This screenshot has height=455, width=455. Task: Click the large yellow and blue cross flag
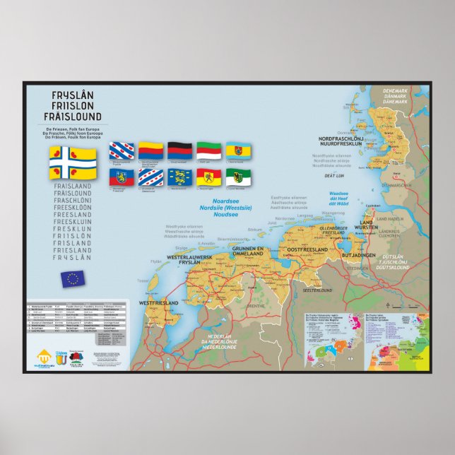(x=73, y=162)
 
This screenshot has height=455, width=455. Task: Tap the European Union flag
(x=72, y=278)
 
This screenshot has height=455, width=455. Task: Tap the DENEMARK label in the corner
(x=396, y=91)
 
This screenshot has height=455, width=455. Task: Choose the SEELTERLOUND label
(x=317, y=290)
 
